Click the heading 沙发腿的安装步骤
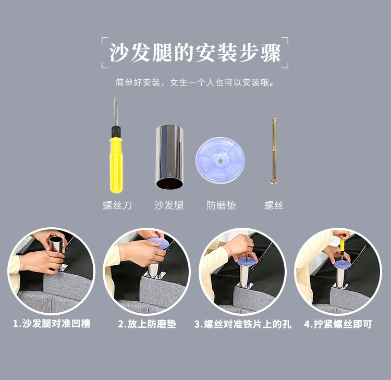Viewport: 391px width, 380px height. (x=195, y=53)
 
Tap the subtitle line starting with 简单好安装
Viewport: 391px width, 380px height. (x=195, y=82)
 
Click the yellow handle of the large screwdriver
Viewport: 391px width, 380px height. (x=116, y=165)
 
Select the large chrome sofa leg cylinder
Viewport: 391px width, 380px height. (x=169, y=157)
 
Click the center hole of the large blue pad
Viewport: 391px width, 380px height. (x=220, y=161)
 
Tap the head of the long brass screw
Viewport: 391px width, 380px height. (x=274, y=181)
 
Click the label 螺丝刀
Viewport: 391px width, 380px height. (x=117, y=205)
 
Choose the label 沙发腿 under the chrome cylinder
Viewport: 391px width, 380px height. (x=169, y=205)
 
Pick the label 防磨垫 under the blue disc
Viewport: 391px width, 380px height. (x=221, y=205)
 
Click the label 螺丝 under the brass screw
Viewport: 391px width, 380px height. (x=274, y=205)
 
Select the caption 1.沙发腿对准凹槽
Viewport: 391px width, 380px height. (x=52, y=323)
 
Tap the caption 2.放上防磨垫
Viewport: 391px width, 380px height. (x=147, y=324)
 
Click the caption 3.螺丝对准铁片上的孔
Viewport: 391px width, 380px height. (x=242, y=324)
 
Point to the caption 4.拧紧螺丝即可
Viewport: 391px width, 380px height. (x=338, y=324)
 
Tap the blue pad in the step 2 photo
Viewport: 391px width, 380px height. (x=160, y=243)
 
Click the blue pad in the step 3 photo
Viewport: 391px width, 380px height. (x=247, y=261)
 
